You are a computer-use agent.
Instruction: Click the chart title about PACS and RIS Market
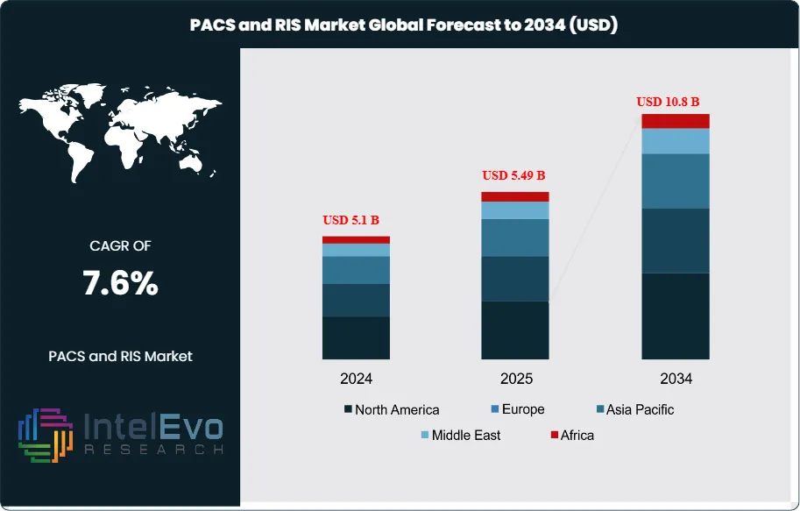[404, 25]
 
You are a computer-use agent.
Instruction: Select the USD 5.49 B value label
[515, 175]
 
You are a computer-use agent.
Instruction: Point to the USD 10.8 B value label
[674, 102]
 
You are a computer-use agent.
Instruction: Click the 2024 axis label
[357, 380]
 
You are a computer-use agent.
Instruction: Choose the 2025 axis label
[515, 380]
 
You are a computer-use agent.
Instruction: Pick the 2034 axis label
[676, 380]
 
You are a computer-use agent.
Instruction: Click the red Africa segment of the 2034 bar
[675, 121]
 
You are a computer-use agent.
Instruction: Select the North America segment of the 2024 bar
[356, 337]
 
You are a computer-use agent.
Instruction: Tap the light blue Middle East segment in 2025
[515, 210]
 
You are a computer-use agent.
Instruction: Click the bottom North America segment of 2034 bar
[675, 316]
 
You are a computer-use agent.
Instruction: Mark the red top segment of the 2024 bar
[356, 239]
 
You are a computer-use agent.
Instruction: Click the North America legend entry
[392, 409]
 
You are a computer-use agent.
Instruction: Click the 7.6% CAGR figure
[120, 283]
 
